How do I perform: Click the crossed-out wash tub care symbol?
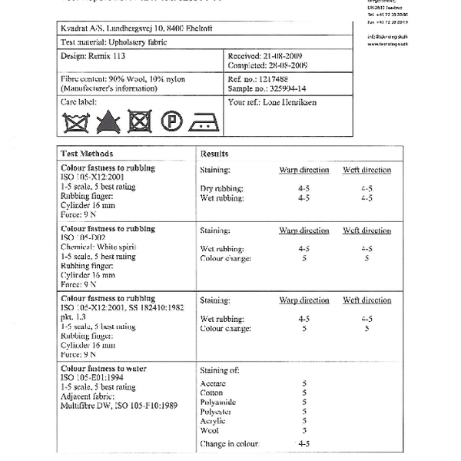tap(75, 121)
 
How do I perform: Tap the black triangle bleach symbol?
tap(107, 121)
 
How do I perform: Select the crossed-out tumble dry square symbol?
tap(138, 121)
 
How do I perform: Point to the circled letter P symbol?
tap(171, 121)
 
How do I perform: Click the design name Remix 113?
tap(105, 57)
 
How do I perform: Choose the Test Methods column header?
tap(87, 154)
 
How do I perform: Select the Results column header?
tap(214, 154)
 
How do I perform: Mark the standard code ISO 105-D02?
tap(86, 237)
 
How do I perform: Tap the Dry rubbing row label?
tap(221, 188)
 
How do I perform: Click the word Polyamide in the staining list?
tap(217, 403)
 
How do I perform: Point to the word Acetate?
tap(213, 383)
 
